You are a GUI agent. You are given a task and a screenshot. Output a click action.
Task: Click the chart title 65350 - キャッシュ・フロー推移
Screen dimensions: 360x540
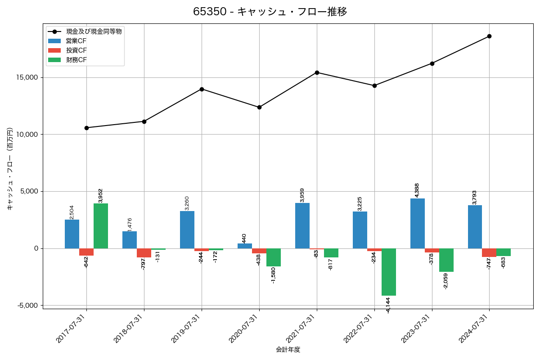pyautogui.click(x=270, y=12)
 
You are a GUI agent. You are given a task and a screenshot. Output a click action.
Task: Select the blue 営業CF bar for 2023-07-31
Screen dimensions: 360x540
pyautogui.click(x=418, y=223)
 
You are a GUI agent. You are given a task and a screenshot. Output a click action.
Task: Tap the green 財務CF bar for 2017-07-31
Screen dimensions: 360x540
pyautogui.click(x=101, y=226)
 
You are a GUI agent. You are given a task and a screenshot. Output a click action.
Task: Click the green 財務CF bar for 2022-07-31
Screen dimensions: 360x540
pyautogui.click(x=389, y=272)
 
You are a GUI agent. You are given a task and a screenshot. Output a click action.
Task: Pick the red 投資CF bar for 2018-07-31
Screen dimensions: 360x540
pyautogui.click(x=144, y=253)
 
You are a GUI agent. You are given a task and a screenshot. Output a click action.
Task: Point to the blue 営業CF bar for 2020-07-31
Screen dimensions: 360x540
pyautogui.click(x=245, y=246)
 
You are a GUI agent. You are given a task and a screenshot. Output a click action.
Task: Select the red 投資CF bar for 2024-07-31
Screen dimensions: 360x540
pyautogui.click(x=489, y=252)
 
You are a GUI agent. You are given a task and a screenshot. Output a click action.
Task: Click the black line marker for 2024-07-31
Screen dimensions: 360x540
pyautogui.click(x=489, y=36)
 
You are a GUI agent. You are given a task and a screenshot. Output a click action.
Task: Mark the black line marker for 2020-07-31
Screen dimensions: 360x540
pyautogui.click(x=259, y=107)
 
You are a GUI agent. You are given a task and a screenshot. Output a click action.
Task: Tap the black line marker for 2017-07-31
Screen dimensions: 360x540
pyautogui.click(x=86, y=128)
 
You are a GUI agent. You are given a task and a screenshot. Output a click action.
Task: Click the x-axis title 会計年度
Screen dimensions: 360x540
pyautogui.click(x=288, y=350)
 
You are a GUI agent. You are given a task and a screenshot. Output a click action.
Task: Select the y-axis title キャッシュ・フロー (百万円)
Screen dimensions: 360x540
pyautogui.click(x=10, y=169)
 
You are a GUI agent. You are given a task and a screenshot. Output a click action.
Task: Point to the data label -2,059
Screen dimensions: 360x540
pyautogui.click(x=446, y=281)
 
